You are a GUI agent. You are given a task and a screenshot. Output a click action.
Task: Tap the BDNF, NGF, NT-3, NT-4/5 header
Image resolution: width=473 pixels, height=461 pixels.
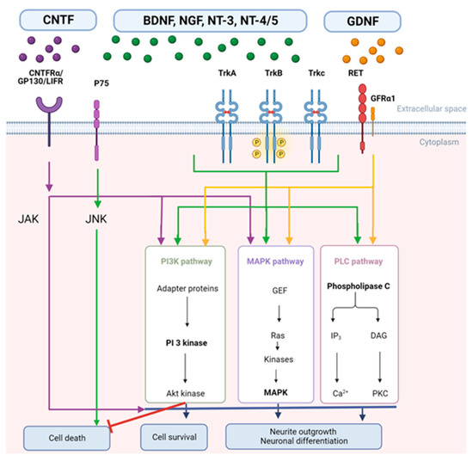point(219,16)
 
